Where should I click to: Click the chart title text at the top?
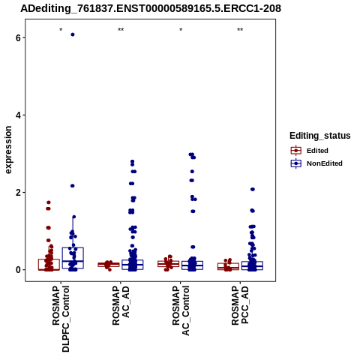click(151, 8)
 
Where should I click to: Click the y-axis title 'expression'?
click(8, 150)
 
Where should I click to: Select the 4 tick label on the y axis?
click(18, 115)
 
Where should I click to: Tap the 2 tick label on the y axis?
click(18, 193)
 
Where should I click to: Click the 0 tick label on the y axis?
click(18, 270)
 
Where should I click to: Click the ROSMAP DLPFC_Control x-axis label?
click(61, 319)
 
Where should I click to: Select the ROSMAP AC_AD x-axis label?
click(121, 305)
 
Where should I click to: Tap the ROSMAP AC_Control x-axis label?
click(181, 310)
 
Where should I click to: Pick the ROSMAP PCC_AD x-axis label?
click(240, 305)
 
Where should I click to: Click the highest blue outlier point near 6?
click(73, 34)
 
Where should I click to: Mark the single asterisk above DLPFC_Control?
click(61, 30)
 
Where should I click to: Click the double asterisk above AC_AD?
click(121, 30)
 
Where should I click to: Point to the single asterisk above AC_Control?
click(181, 30)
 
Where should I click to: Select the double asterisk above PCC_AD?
click(240, 30)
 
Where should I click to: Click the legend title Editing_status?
click(320, 136)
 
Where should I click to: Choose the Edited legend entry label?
click(317, 151)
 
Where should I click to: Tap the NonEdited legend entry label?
click(325, 163)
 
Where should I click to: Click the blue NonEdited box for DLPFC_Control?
click(73, 258)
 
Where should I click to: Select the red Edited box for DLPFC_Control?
click(49, 265)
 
